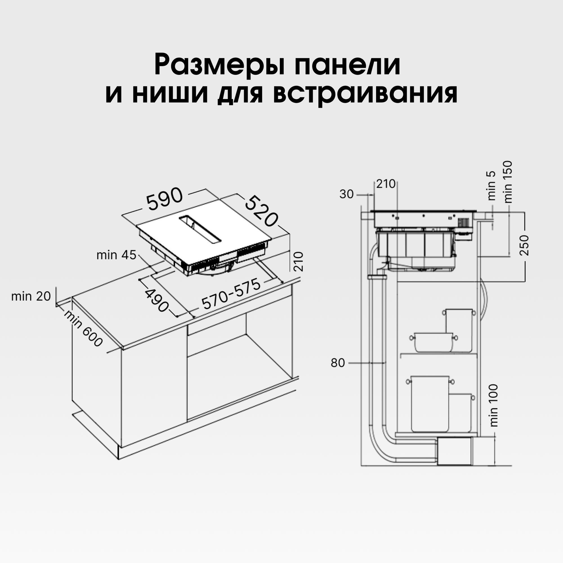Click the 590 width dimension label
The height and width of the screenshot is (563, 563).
coord(165,199)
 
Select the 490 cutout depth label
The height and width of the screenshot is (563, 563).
coord(157,300)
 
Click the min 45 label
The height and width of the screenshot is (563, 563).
coord(116,255)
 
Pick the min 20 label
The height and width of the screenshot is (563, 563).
coord(31,296)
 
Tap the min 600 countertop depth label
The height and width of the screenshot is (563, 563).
coord(83,329)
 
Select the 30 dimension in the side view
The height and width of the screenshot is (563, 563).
coord(346,194)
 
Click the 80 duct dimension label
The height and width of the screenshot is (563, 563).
coord(338,363)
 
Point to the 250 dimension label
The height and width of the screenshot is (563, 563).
coord(524,245)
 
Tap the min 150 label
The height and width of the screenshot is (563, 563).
coord(507,182)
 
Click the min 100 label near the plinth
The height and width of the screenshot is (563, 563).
coord(494,405)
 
